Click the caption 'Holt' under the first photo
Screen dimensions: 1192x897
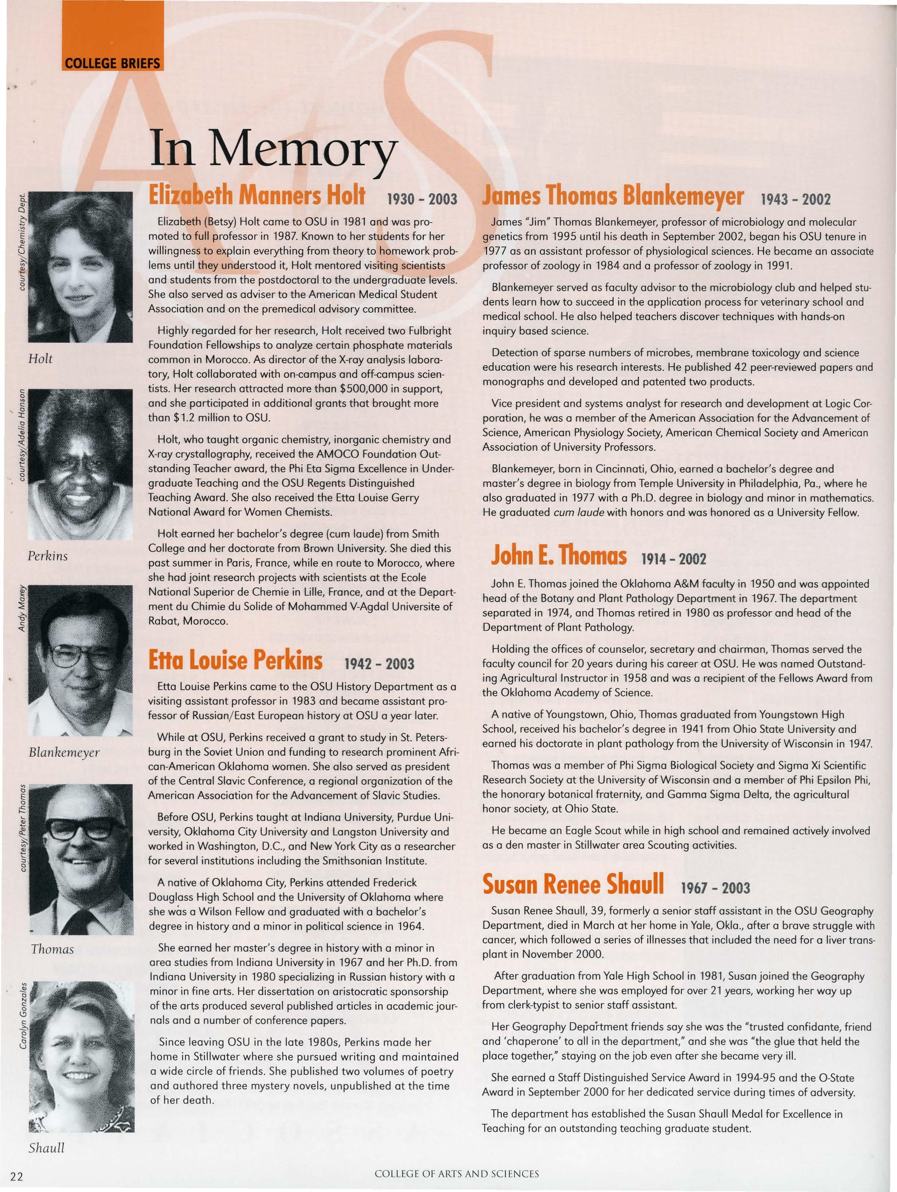[x=40, y=359]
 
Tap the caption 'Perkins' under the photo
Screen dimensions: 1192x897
[x=48, y=556]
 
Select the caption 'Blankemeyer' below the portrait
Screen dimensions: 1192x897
[x=64, y=752]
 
